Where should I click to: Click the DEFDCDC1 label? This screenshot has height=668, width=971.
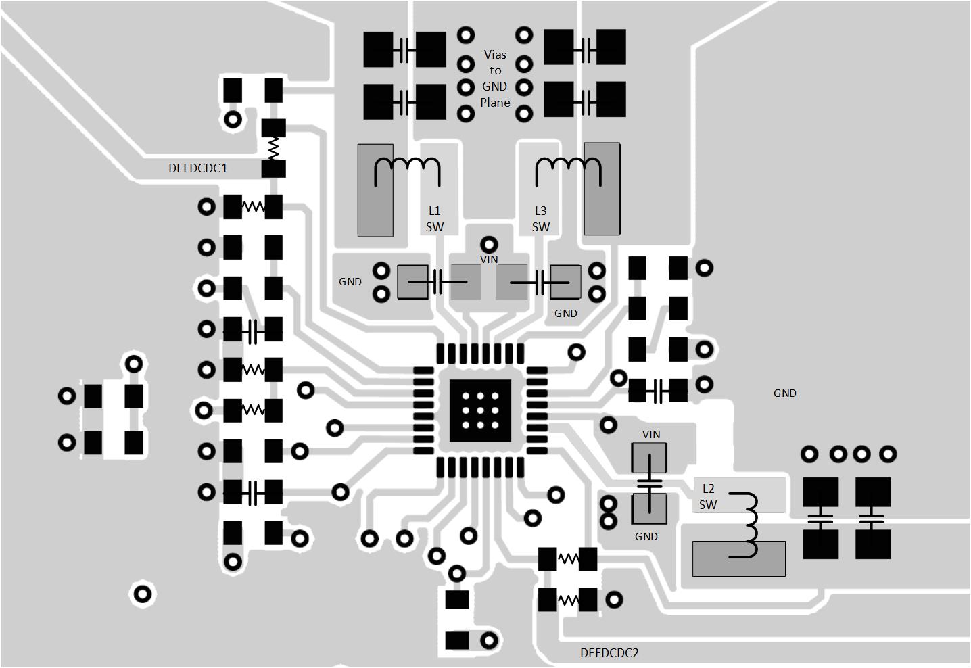point(197,168)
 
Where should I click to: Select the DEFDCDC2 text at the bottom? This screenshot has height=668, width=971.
point(609,653)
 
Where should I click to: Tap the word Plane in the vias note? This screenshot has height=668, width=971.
point(495,103)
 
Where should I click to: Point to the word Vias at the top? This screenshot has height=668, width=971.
point(495,55)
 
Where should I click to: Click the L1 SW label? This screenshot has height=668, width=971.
point(435,219)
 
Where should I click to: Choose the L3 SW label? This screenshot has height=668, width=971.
point(540,219)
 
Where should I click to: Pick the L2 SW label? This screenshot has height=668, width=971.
point(708,497)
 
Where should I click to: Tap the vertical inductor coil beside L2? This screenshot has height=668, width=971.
point(749,526)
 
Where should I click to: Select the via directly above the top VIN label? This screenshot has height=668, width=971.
point(489,244)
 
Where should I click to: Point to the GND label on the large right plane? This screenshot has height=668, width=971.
point(784,393)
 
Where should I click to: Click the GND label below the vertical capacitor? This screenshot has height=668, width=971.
point(646,536)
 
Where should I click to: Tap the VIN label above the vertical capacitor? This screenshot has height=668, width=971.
point(651,434)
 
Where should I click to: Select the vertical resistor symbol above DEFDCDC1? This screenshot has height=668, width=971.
point(274,147)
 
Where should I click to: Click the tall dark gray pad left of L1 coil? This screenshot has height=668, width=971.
point(375,190)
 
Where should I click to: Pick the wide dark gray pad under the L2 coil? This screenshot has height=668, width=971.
point(738,559)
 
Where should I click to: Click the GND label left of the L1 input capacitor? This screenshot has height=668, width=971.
point(350,282)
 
